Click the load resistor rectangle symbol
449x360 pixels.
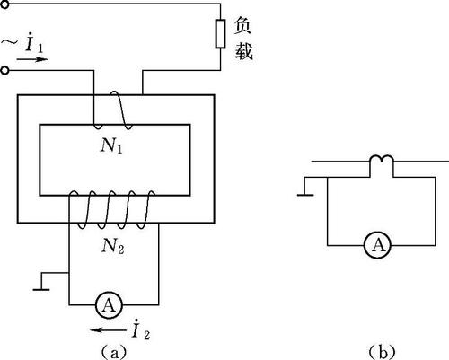(220, 34)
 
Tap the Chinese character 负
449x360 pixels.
(242, 25)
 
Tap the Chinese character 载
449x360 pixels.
(243, 50)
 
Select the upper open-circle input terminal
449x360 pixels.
(4, 4)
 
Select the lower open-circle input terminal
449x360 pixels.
(4, 70)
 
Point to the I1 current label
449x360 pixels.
(34, 43)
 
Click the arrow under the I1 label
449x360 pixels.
(32, 59)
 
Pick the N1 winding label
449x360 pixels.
(111, 146)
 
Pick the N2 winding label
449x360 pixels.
(112, 247)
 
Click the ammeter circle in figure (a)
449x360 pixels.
(109, 305)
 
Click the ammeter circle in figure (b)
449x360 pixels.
(378, 245)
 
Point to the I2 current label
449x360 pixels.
(141, 329)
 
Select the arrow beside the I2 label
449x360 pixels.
(108, 330)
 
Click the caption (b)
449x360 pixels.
(382, 352)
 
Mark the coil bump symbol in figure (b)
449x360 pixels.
(382, 159)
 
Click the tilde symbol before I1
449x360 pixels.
(10, 43)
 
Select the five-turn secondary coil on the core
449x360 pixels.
(113, 209)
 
